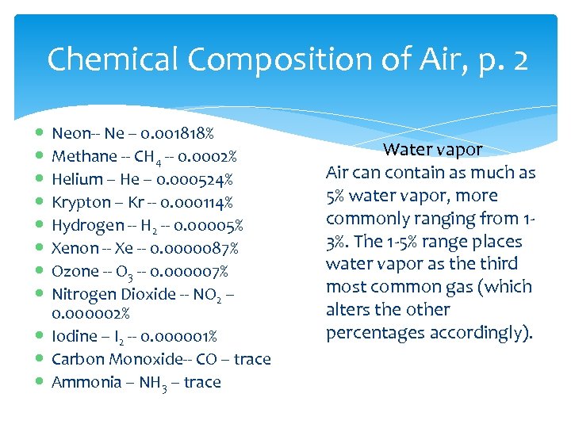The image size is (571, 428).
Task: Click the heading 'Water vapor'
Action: click(x=432, y=149)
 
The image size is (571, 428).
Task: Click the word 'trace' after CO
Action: click(x=252, y=359)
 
